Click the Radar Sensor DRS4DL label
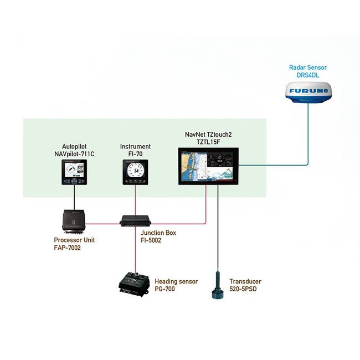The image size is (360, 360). tap(307, 70)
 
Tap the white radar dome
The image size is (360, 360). tap(307, 91)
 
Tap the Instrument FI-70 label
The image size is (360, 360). tap(135, 150)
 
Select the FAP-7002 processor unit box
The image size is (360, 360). tap(74, 221)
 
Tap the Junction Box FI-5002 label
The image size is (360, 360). tap(158, 236)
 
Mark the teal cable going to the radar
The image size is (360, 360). tap(307, 144)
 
